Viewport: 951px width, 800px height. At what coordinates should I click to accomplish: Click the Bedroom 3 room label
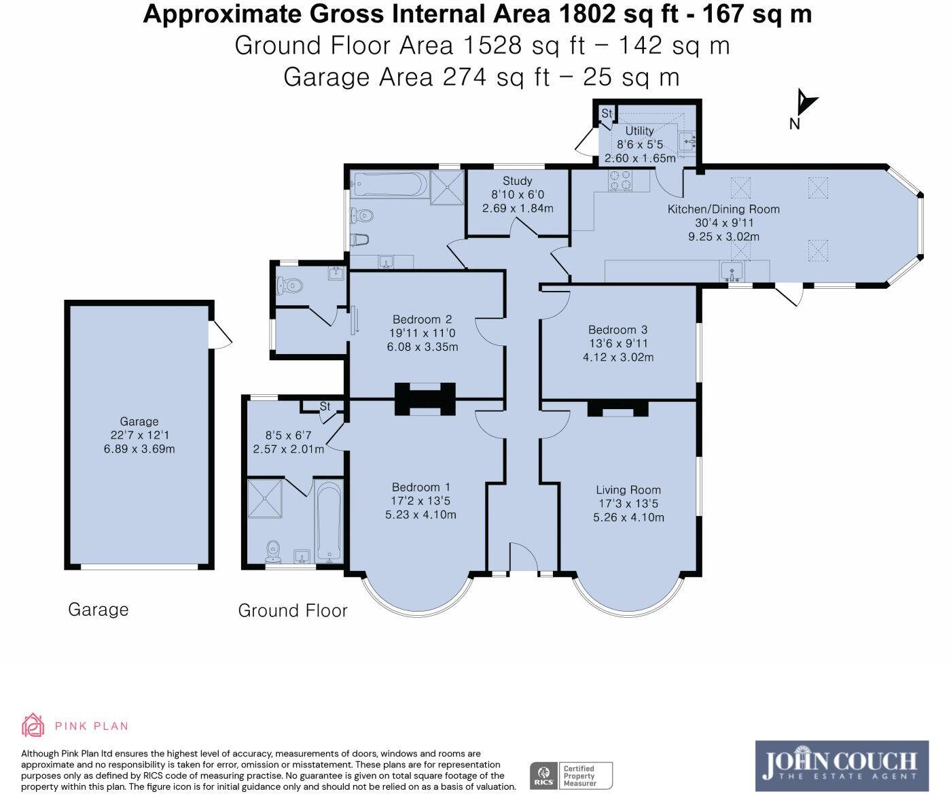[x=617, y=330]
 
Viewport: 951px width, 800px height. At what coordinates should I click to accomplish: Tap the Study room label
[x=518, y=181]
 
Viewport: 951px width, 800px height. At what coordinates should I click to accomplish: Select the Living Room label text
[x=628, y=490]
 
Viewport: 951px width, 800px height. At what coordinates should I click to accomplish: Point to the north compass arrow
[x=807, y=103]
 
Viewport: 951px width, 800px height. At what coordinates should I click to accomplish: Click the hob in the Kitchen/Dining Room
[x=620, y=179]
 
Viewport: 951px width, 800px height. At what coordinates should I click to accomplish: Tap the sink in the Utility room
[x=687, y=141]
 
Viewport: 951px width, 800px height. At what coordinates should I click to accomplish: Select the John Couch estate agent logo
[x=842, y=766]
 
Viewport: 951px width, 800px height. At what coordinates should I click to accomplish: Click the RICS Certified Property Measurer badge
[x=571, y=775]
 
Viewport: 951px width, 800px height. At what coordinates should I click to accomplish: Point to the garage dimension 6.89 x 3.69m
[x=139, y=449]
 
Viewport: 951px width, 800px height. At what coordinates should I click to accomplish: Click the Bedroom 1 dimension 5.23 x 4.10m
[x=420, y=515]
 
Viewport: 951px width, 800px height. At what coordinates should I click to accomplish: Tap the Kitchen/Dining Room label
[x=723, y=209]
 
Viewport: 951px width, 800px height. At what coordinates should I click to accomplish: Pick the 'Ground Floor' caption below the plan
[x=292, y=610]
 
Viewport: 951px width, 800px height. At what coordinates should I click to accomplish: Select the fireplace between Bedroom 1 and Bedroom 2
[x=425, y=399]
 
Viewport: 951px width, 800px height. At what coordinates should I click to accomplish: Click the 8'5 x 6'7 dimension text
[x=288, y=435]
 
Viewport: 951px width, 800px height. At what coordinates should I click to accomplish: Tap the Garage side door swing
[x=221, y=336]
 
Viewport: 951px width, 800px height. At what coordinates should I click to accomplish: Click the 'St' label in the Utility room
[x=607, y=113]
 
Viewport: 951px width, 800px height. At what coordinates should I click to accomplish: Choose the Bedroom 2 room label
[x=423, y=319]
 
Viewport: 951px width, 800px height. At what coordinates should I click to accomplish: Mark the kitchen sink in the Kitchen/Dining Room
[x=732, y=272]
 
